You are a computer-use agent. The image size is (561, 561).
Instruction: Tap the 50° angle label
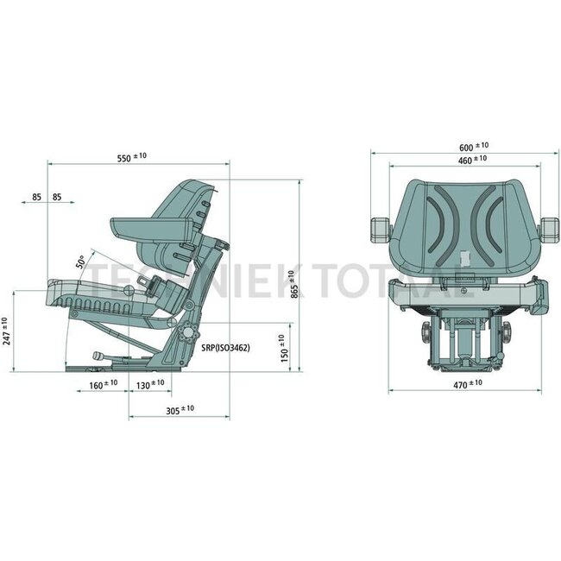click(82, 262)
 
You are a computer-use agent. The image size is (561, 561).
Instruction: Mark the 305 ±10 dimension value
click(180, 409)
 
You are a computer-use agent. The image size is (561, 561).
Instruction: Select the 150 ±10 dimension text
click(284, 350)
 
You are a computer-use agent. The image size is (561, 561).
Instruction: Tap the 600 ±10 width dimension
click(472, 147)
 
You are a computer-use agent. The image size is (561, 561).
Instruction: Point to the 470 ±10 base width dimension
click(465, 383)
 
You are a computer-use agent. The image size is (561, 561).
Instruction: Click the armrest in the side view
click(151, 229)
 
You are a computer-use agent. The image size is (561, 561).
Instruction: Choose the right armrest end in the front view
click(547, 228)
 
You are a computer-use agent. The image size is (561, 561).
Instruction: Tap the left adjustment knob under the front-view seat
click(425, 334)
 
